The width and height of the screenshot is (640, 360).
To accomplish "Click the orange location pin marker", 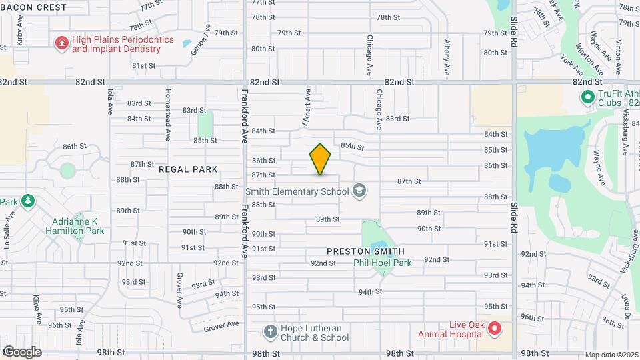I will [x=321, y=159].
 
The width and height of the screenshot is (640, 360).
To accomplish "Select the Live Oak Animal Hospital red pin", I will [x=494, y=328].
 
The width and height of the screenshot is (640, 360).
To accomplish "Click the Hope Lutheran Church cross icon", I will [x=270, y=331].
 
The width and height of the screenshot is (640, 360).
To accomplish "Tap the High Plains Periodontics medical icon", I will [x=61, y=43].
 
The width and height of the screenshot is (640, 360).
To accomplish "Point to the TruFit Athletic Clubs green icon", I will [x=587, y=98].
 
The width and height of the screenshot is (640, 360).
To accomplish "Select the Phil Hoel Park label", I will [x=382, y=263].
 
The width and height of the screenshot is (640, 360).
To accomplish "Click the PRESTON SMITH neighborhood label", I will [x=365, y=251].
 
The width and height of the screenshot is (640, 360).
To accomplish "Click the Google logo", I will [x=22, y=351].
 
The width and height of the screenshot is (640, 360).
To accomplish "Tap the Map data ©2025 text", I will [x=611, y=355].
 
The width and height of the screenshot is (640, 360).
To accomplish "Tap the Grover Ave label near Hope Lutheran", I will [x=221, y=325].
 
